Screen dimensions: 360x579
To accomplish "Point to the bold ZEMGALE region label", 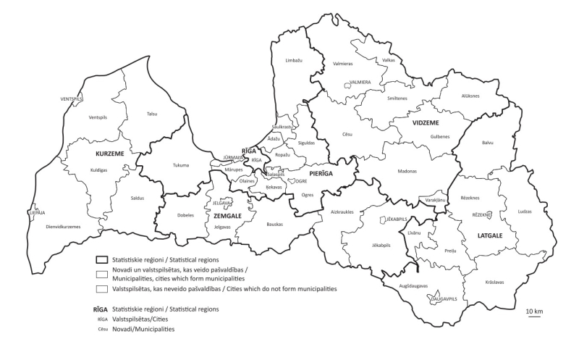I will (x=227, y=215).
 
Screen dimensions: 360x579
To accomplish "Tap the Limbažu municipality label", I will (x=294, y=61).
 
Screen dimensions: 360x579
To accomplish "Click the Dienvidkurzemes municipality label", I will (x=62, y=227).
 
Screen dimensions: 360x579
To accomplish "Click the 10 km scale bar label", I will (x=534, y=311).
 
